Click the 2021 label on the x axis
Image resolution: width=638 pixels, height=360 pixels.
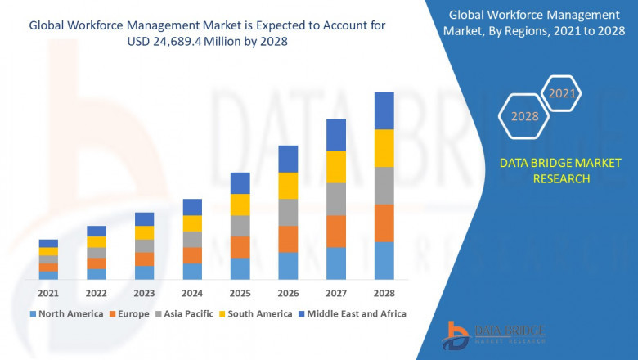[x=48, y=293]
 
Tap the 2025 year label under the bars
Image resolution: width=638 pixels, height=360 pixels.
[x=240, y=293]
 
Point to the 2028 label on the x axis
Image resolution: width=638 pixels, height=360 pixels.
[x=384, y=293]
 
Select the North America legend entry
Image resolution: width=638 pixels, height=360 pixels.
[x=66, y=313]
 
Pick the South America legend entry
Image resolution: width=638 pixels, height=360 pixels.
[x=257, y=313]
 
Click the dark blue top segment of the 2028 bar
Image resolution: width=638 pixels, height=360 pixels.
[x=384, y=110]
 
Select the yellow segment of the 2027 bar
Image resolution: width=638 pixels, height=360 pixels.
[x=335, y=167]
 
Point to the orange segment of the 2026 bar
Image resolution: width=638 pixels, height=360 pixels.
[x=288, y=239]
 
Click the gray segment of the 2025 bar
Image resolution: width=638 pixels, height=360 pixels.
[x=240, y=226]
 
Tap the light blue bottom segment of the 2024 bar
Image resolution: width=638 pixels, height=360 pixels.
[x=192, y=271]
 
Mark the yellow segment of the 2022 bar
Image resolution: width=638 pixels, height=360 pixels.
[x=97, y=241]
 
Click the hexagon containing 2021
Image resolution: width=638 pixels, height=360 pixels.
[x=562, y=93]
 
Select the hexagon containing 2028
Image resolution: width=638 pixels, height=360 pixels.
[x=525, y=116]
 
